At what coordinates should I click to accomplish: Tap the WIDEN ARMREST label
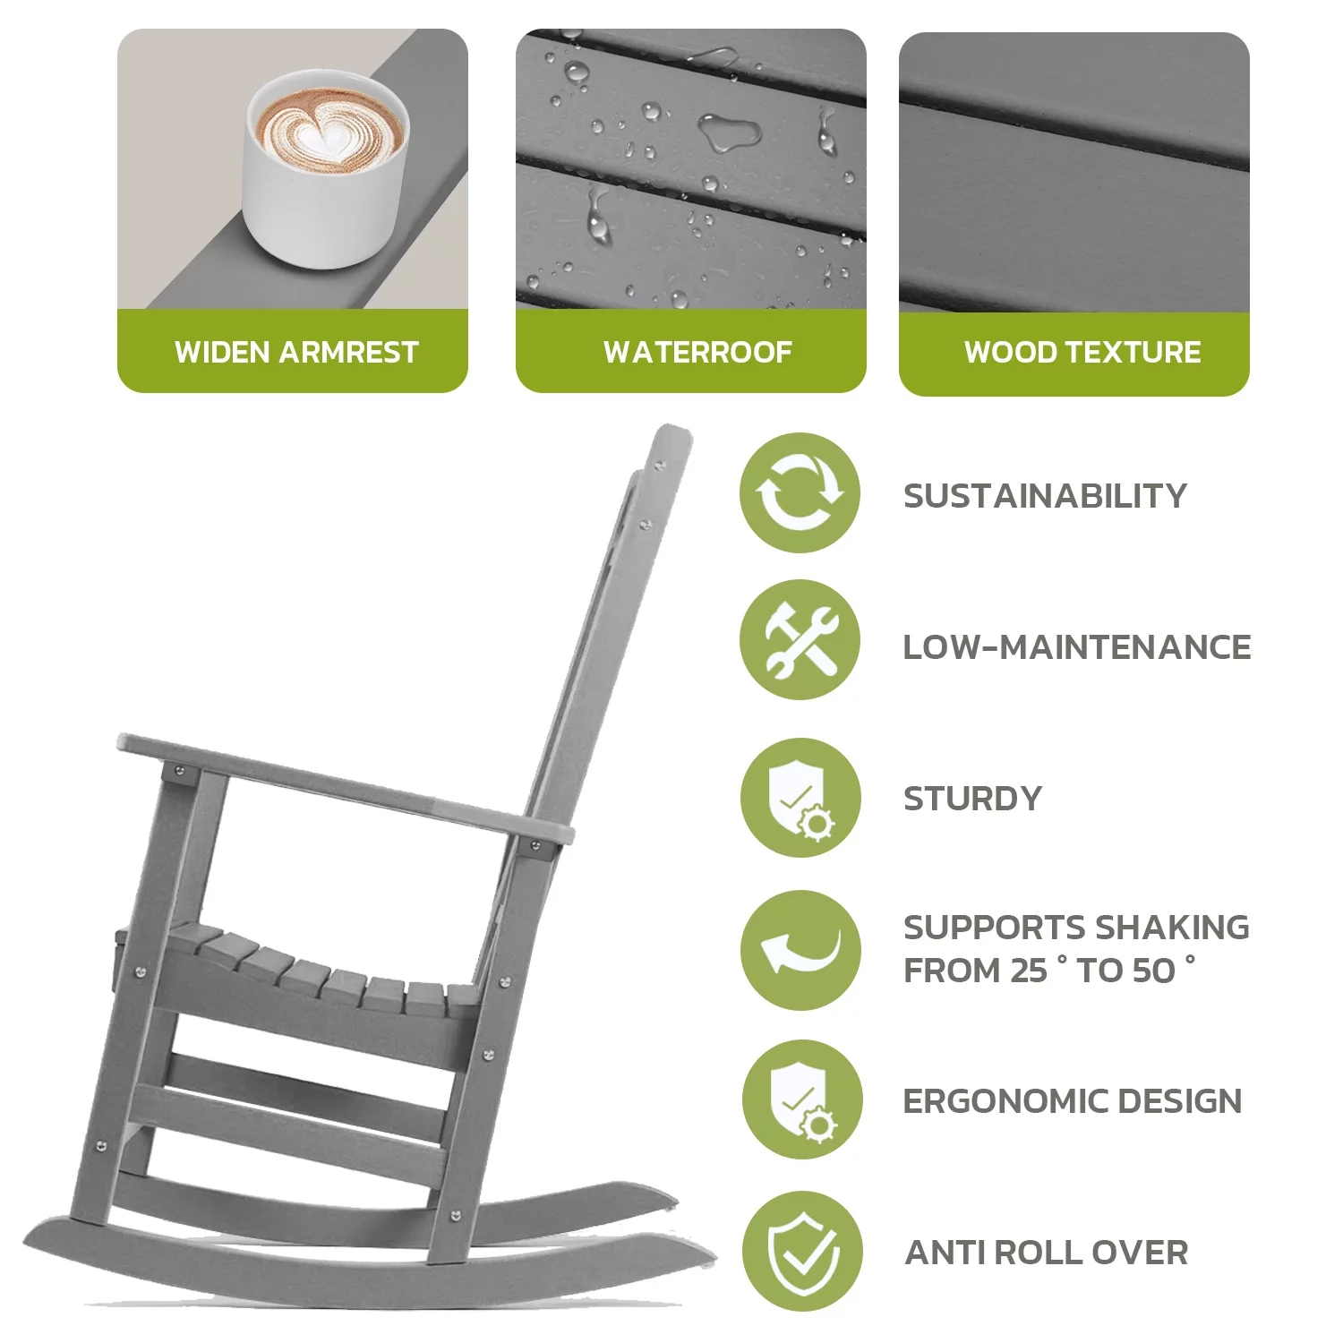(296, 352)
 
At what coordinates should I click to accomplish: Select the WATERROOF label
(697, 352)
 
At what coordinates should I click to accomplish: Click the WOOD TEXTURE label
(1082, 352)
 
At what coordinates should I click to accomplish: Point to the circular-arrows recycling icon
(800, 492)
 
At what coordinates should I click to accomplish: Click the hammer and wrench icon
(800, 640)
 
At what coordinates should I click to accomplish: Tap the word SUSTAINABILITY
(1045, 495)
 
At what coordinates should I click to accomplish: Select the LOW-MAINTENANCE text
(1077, 646)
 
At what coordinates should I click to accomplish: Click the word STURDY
(973, 798)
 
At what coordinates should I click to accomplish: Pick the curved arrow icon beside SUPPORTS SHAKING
(800, 950)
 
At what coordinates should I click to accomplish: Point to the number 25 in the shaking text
(1028, 971)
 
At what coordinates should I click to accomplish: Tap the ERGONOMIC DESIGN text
(1073, 1100)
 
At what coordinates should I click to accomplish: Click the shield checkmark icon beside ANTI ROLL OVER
(801, 1252)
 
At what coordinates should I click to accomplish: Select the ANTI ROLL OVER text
(1047, 1253)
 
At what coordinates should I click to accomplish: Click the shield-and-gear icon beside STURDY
(800, 798)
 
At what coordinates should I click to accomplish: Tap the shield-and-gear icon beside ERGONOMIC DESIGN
(801, 1099)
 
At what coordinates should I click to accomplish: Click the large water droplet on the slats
(729, 132)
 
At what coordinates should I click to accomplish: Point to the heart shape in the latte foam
(321, 139)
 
